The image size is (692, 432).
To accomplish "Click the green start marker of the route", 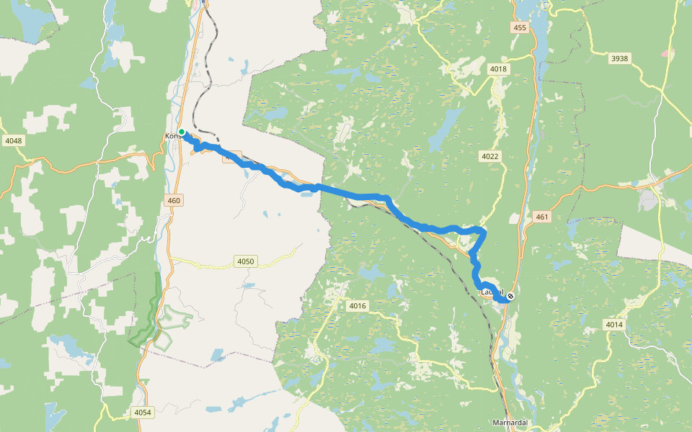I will (x=182, y=132).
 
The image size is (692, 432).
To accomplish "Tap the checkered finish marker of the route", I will (x=510, y=296).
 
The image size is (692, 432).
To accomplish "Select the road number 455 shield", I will (x=520, y=27).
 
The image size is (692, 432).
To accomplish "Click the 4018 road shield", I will (x=498, y=69).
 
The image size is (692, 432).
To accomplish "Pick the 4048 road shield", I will (x=13, y=140).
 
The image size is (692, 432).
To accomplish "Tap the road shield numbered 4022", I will (x=489, y=156).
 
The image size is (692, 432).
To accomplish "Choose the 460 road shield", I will (x=173, y=201).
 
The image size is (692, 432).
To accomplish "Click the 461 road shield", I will (x=542, y=216).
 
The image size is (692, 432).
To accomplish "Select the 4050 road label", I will (x=245, y=261).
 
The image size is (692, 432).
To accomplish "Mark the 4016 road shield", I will (x=358, y=306).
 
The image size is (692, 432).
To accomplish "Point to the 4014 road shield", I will (x=613, y=325).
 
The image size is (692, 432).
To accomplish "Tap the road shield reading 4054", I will (x=143, y=412).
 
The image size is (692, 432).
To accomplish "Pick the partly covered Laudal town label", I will (x=489, y=292).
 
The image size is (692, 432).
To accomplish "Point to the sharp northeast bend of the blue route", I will (x=482, y=231).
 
